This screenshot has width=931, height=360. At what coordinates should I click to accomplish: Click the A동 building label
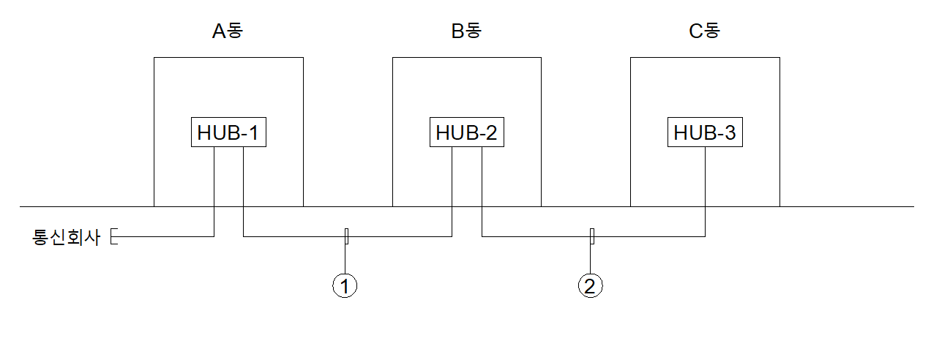(228, 31)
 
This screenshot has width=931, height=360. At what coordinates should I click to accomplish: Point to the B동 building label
(466, 31)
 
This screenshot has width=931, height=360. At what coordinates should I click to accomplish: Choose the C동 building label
(705, 31)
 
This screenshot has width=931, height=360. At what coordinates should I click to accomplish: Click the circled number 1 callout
(345, 285)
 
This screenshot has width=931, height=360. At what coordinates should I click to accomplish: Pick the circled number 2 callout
(591, 285)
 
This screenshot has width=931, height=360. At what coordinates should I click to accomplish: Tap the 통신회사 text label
(67, 237)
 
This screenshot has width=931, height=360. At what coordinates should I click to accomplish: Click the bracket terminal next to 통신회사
(111, 236)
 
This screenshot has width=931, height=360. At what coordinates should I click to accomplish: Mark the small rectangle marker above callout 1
(347, 236)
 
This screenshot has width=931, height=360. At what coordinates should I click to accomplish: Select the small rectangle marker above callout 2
(592, 236)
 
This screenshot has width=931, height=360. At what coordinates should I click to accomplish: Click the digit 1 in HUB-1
(253, 132)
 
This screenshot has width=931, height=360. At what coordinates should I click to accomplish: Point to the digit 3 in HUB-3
(730, 132)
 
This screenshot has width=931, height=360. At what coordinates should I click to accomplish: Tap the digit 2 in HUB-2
(491, 132)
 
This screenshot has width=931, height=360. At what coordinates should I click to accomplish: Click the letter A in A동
(219, 31)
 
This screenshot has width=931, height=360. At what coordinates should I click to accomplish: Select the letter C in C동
(696, 31)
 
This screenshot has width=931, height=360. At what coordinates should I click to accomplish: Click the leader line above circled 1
(345, 258)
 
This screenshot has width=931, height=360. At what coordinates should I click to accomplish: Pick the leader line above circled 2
(591, 258)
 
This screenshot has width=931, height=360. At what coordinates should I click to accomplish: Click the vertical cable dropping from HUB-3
(705, 192)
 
